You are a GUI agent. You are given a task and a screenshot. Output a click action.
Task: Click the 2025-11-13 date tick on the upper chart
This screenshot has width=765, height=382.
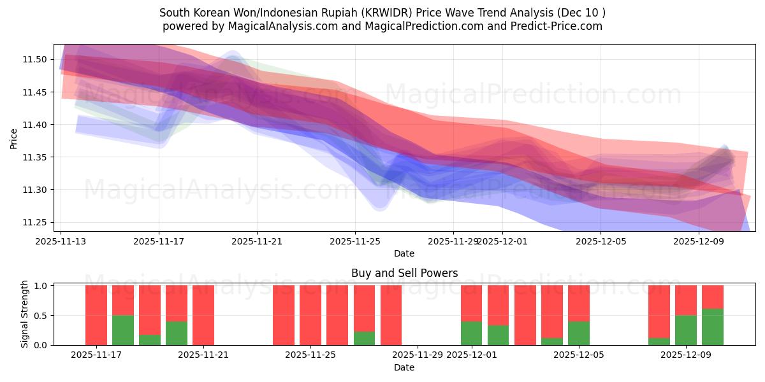(x=61, y=241)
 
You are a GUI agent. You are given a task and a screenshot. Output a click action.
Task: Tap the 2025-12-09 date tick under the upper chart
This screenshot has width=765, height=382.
(x=699, y=241)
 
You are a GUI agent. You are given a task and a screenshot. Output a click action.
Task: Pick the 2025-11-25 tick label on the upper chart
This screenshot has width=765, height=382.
(x=355, y=241)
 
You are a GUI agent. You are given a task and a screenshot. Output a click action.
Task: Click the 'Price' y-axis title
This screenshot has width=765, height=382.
(x=14, y=138)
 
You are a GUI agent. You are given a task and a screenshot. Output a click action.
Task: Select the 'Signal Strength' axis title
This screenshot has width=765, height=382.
(x=24, y=315)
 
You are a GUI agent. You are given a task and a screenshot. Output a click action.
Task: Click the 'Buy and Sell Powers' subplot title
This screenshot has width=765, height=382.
(x=404, y=273)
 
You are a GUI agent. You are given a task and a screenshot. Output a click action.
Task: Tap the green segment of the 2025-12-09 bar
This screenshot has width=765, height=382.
(x=686, y=330)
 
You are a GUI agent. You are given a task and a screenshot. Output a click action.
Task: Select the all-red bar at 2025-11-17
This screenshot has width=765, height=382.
(x=96, y=315)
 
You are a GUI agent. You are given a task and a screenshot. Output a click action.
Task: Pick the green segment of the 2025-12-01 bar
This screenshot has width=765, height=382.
(x=472, y=333)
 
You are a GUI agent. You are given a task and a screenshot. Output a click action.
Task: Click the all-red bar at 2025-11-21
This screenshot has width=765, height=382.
(x=203, y=315)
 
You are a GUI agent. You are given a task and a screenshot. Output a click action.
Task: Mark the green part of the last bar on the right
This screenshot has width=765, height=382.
(x=713, y=327)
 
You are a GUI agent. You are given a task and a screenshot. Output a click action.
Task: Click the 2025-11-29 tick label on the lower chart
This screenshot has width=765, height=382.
(x=418, y=355)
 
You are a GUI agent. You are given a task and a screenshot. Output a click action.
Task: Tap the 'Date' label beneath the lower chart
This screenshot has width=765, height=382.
(x=404, y=367)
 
